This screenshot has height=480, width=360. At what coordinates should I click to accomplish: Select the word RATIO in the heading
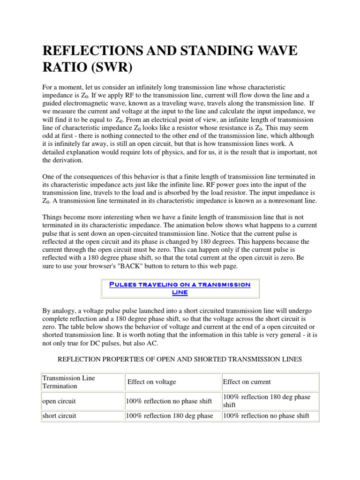click(x=62, y=67)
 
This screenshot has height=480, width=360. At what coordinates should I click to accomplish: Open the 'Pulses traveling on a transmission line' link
click(x=180, y=288)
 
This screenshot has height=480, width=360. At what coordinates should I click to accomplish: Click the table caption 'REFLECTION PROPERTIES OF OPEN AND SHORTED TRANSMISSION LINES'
click(x=180, y=359)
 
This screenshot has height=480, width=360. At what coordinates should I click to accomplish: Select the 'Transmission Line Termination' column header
click(x=68, y=382)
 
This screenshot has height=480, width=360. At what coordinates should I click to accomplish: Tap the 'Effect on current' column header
click(x=247, y=382)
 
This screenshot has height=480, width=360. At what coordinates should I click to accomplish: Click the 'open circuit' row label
click(x=59, y=401)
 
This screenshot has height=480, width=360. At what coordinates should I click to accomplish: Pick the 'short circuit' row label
click(x=60, y=416)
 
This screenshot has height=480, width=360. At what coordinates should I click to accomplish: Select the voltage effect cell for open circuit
click(x=169, y=401)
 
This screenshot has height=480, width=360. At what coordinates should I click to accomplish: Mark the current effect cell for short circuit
click(x=266, y=416)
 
